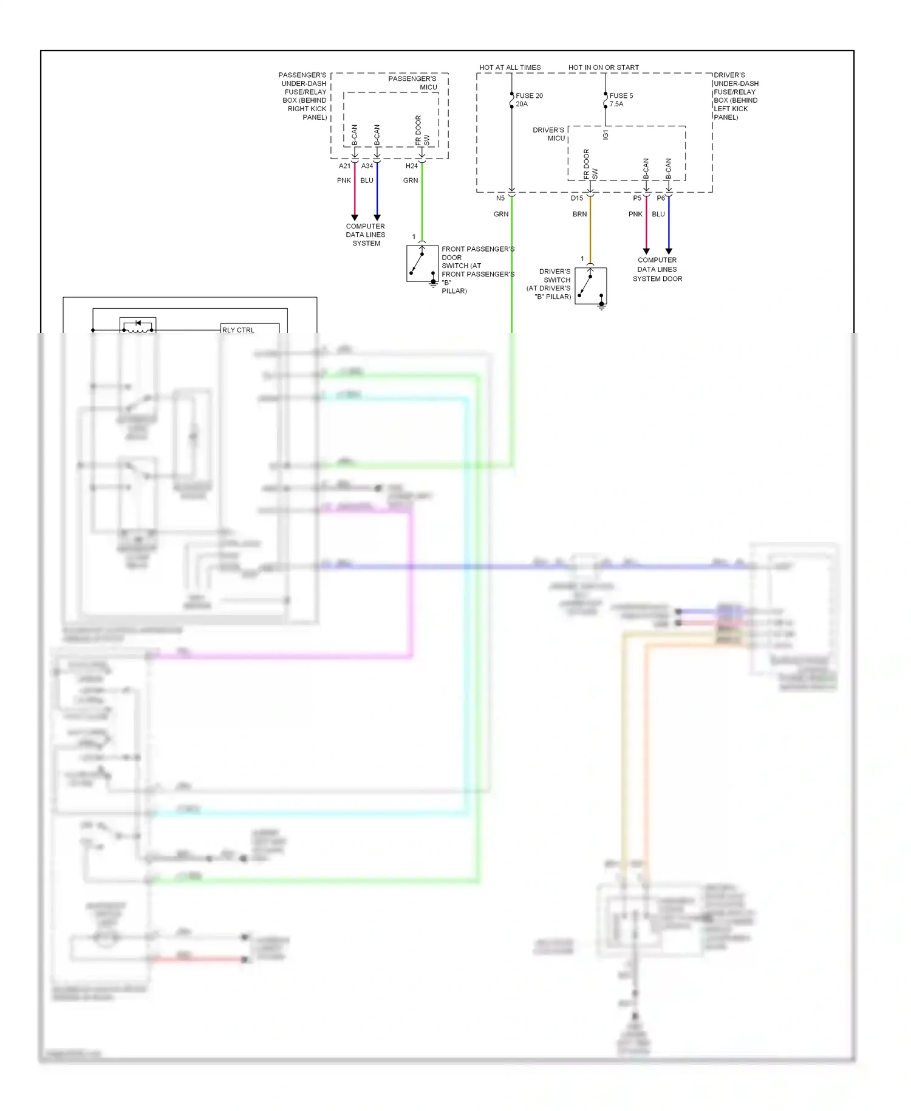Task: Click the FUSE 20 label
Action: pyautogui.click(x=529, y=96)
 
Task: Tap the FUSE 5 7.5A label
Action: pyautogui.click(x=621, y=100)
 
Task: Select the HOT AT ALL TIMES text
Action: pyautogui.click(x=510, y=67)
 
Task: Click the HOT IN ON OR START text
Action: pyautogui.click(x=603, y=67)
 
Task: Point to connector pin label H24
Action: pyautogui.click(x=411, y=166)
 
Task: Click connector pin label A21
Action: pyautogui.click(x=344, y=166)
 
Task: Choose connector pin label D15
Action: pyautogui.click(x=576, y=198)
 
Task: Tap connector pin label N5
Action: pyautogui.click(x=500, y=198)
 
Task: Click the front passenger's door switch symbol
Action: pyautogui.click(x=422, y=264)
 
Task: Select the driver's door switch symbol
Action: pyautogui.click(x=590, y=286)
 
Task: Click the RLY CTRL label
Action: pyautogui.click(x=238, y=330)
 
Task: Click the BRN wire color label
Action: pyautogui.click(x=579, y=214)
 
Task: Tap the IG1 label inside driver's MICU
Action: pyautogui.click(x=606, y=135)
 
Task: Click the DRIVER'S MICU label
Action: pyautogui.click(x=549, y=134)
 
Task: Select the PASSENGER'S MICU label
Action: pyautogui.click(x=413, y=83)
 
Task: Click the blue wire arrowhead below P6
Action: pyautogui.click(x=669, y=251)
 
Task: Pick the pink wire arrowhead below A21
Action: pyautogui.click(x=355, y=218)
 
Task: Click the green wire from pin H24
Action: pyautogui.click(x=422, y=201)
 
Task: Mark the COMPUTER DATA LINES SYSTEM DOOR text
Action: pyautogui.click(x=657, y=269)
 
